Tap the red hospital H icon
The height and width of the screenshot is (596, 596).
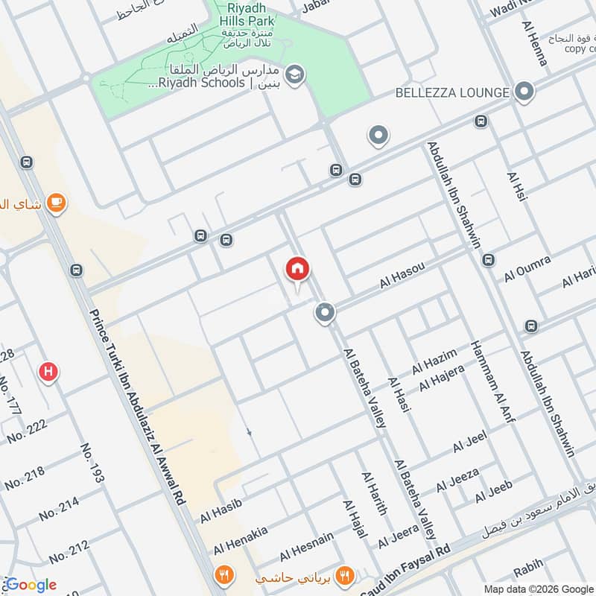[x=49, y=371]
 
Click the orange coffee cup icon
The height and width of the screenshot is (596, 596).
[x=56, y=202]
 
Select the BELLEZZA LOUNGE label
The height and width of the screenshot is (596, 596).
[x=452, y=92]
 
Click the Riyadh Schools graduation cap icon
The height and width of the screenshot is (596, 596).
[x=296, y=75]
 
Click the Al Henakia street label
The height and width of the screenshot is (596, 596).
[x=240, y=542]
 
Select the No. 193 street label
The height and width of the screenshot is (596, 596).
[x=93, y=463]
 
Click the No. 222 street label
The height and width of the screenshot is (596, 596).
[x=27, y=431]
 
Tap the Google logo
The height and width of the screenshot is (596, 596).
[x=31, y=585]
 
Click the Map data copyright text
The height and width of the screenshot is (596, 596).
[x=548, y=586]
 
